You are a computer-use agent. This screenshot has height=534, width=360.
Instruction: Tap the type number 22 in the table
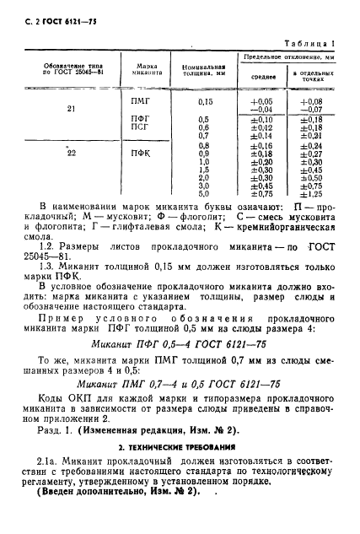point(71,153)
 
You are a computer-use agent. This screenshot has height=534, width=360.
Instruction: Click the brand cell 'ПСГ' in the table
point(140,127)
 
